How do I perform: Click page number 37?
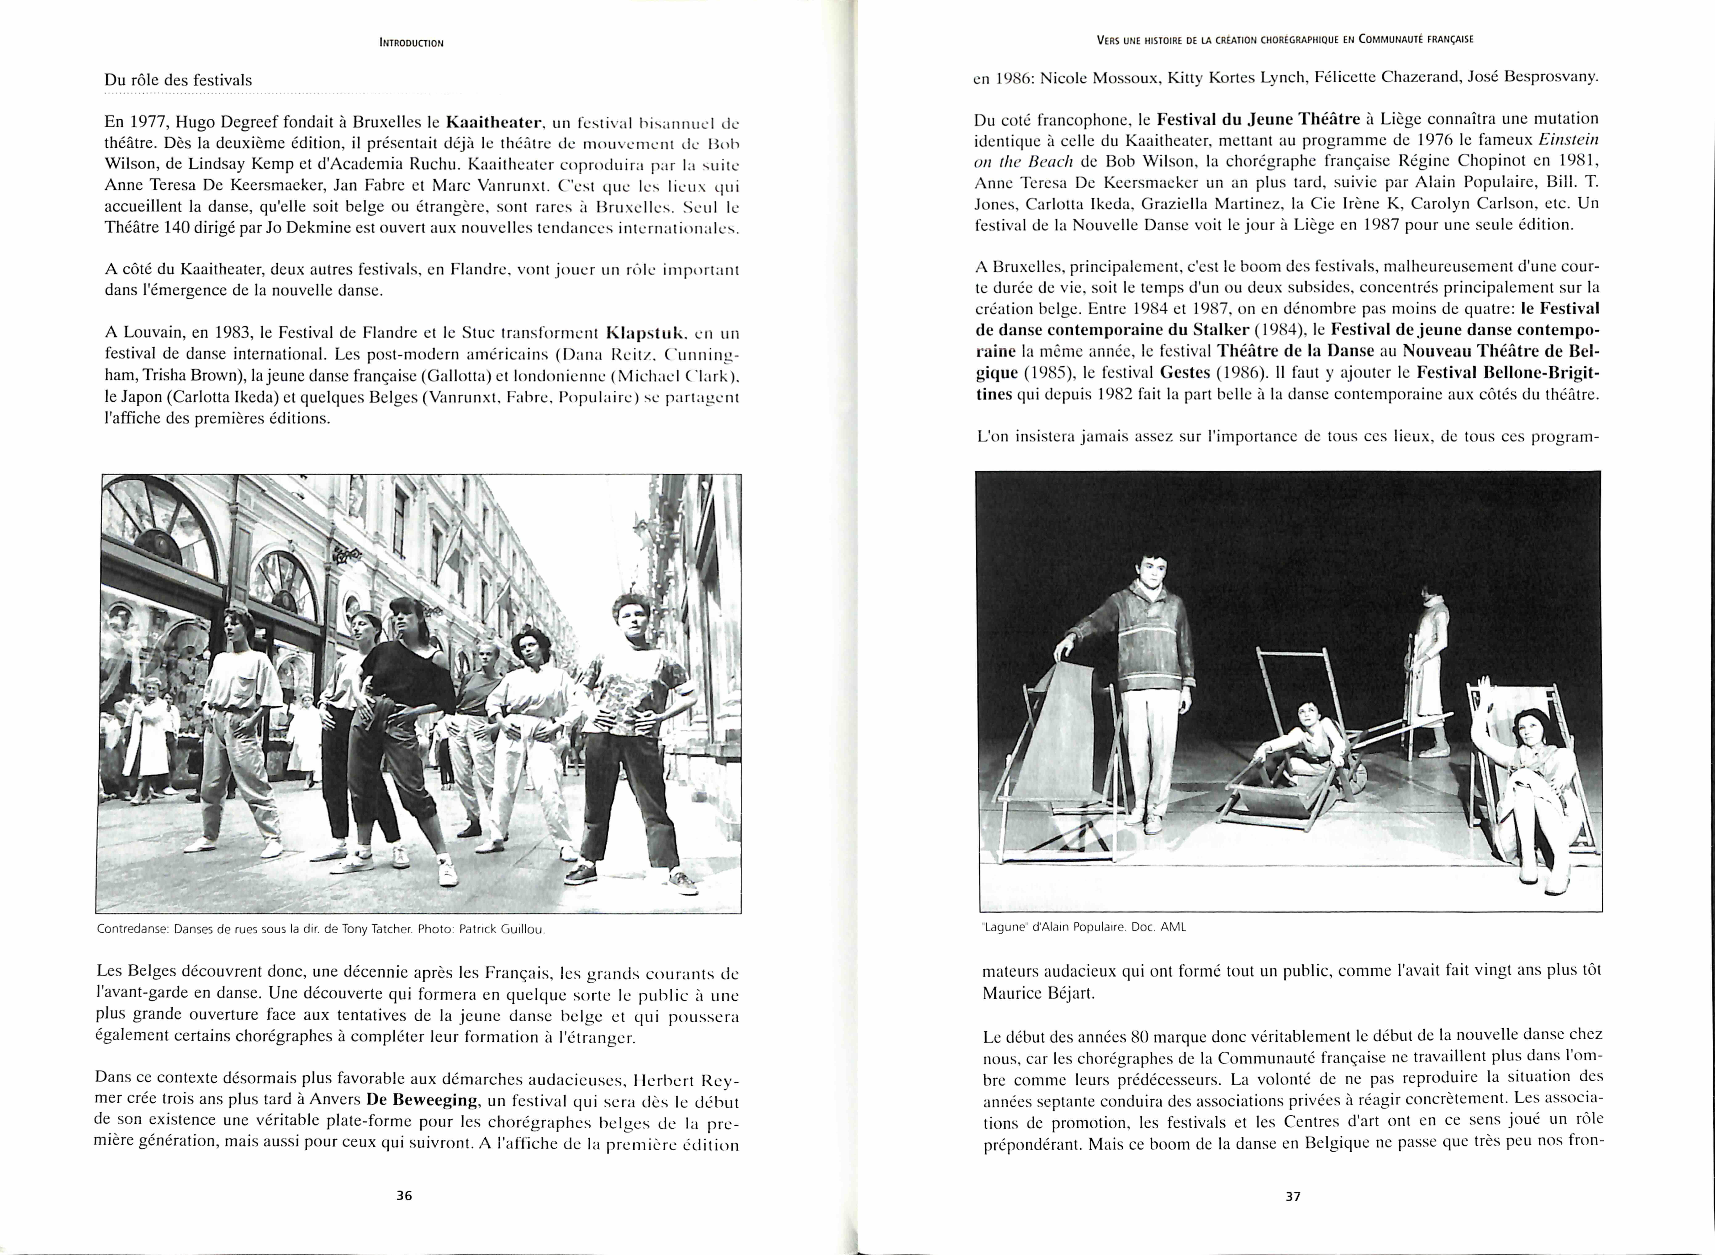point(1293,1196)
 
